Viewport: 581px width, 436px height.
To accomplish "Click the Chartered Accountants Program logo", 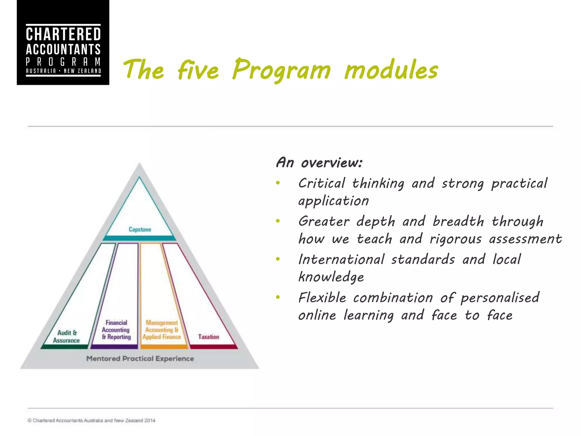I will pos(63,43).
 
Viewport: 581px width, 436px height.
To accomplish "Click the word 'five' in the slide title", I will pos(198,70).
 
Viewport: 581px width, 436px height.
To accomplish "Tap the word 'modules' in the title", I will pos(391,70).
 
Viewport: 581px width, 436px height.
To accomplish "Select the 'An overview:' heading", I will pos(319,163).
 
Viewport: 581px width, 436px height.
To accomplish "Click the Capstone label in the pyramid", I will pos(140,229).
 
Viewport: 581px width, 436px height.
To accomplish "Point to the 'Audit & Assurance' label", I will pos(66,336).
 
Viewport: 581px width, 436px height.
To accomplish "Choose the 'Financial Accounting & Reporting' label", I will pos(116,330).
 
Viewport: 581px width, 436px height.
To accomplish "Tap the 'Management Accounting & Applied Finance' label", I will pos(162,330).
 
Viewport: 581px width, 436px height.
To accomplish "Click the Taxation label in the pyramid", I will pos(209,337).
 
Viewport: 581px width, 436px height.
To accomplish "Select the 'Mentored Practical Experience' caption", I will pos(140,359).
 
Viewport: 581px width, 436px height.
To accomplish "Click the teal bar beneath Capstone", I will pos(139,238).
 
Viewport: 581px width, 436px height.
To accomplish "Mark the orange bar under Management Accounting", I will pos(164,347).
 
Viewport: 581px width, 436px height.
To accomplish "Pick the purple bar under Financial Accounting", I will pos(114,347).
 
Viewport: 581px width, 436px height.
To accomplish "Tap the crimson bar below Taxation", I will pos(213,347).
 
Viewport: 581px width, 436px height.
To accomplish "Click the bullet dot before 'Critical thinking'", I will pos(278,183).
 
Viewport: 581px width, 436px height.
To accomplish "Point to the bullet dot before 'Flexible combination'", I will pos(278,297).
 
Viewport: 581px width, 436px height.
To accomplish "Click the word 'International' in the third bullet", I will pos(341,259).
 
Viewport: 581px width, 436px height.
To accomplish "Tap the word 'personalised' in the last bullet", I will pos(500,298).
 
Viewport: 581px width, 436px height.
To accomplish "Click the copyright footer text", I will pos(91,420).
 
